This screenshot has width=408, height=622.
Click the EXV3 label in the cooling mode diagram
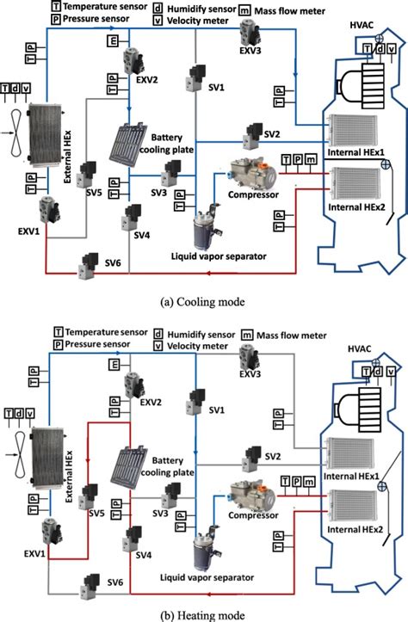pos(250,63)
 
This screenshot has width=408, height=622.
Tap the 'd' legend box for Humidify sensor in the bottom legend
pos(158,330)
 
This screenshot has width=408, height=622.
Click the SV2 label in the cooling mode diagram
pos(272,134)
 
